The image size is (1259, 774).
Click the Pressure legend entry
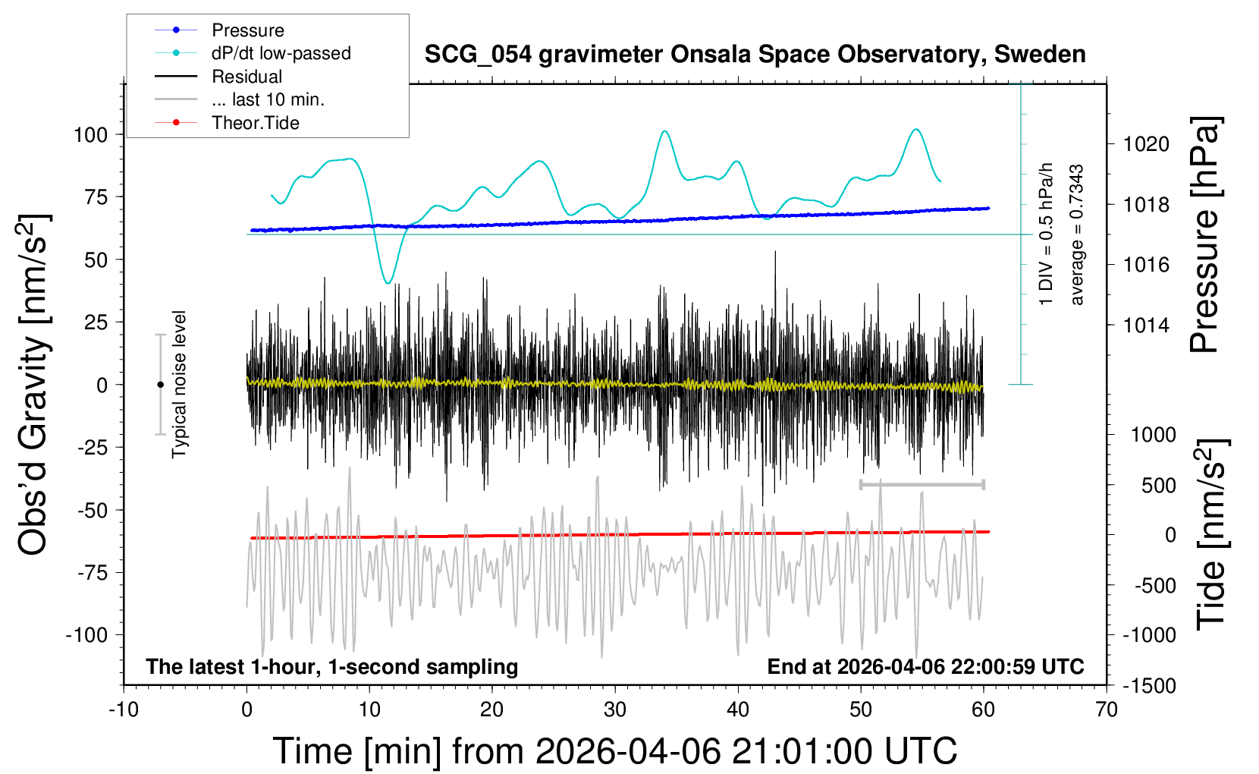pos(247,30)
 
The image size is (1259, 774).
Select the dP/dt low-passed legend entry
pos(281,53)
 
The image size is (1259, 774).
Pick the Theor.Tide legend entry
pos(255,123)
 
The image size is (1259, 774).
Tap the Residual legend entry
pos(246,77)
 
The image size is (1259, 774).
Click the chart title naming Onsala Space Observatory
pos(755,55)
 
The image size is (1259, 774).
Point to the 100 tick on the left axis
pos(90,135)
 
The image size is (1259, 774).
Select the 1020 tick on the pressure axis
pos(1147,144)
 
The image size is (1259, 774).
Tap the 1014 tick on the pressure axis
pos(1147,326)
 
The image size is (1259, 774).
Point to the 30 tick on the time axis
pos(615,710)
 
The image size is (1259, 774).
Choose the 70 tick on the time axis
pos(1107,710)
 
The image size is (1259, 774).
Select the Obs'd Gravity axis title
pos(34,385)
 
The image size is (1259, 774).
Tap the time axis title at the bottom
pos(615,751)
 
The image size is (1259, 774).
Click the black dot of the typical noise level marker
pos(160,385)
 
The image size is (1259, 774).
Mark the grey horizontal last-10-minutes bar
pos(921,484)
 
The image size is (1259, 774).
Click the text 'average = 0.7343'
pos(1077,235)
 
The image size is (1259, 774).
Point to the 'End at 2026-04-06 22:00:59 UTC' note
pos(925,667)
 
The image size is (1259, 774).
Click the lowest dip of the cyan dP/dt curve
pos(388,283)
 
